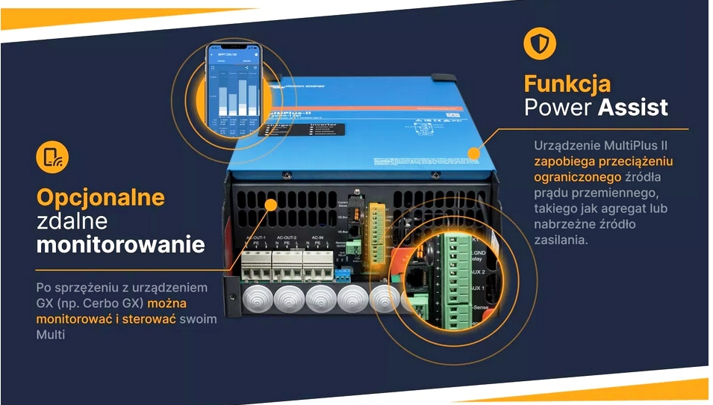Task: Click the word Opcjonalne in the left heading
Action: pyautogui.click(x=101, y=197)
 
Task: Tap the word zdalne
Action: pyautogui.click(x=72, y=221)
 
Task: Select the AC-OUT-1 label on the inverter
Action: pyautogui.click(x=256, y=238)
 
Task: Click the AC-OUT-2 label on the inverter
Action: pyautogui.click(x=286, y=238)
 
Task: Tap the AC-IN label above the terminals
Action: pyautogui.click(x=317, y=238)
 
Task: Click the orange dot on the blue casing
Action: pyautogui.click(x=473, y=153)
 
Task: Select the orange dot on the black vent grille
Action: pyautogui.click(x=270, y=203)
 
